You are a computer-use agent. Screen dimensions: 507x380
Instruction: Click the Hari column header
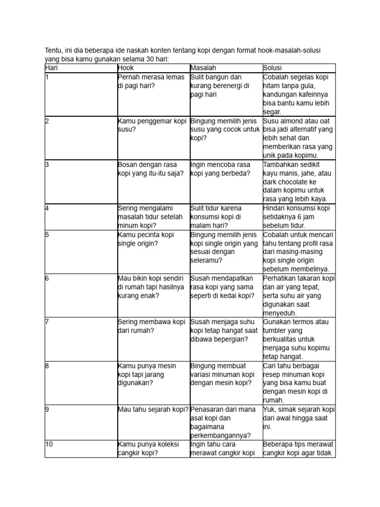click(x=51, y=68)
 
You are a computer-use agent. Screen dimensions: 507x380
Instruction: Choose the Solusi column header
click(x=272, y=68)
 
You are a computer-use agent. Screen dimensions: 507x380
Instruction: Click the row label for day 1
click(x=47, y=77)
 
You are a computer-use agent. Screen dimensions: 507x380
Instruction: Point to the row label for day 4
click(x=47, y=208)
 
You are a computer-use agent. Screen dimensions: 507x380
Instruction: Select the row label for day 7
click(x=47, y=322)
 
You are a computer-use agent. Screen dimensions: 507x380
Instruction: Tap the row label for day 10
click(x=49, y=444)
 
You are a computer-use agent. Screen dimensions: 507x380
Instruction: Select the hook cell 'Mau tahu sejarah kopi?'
click(x=153, y=409)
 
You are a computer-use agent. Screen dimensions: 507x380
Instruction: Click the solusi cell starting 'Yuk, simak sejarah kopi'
click(x=299, y=418)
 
